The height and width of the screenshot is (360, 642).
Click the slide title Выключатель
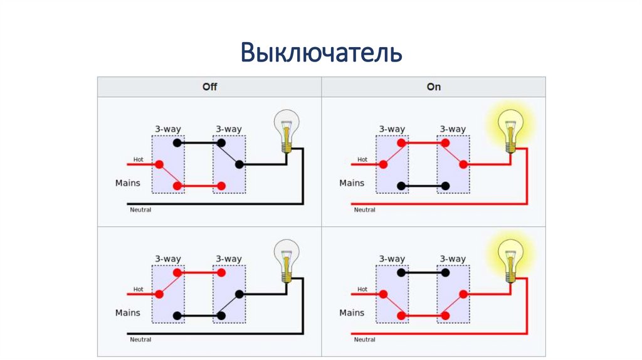321,53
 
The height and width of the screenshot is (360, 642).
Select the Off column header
209,87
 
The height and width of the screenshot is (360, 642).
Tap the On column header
434,87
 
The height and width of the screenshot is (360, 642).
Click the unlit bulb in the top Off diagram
287,130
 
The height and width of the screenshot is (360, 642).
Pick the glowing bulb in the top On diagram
510,130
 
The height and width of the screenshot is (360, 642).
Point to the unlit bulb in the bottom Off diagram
287,260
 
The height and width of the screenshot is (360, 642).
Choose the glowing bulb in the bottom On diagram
510,260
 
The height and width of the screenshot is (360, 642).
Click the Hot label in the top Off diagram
139,159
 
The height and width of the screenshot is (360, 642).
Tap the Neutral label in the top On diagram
364,209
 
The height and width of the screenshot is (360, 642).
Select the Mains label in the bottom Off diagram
128,312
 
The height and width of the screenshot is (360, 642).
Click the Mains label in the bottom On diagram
352,312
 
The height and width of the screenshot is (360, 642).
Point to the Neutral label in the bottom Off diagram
140,339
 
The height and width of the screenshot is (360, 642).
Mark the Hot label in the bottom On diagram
362,289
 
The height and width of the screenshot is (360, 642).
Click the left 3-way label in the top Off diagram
168,129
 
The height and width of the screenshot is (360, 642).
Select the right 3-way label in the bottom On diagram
453,259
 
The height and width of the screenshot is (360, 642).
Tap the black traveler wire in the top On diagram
423,186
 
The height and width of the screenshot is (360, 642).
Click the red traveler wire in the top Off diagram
199,186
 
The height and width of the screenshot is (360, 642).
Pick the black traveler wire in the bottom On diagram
423,272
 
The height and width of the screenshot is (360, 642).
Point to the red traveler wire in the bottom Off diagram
199,272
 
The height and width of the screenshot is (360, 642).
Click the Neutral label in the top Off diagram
140,209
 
